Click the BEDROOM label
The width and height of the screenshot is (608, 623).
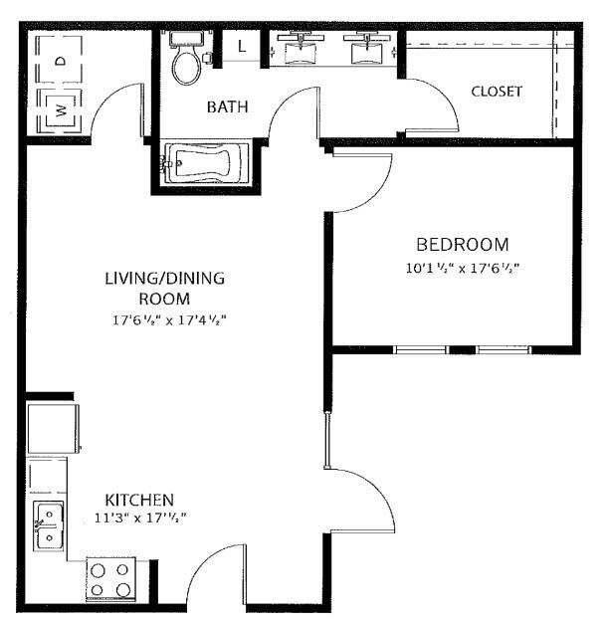coord(463,245)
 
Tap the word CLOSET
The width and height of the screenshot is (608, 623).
coord(497,92)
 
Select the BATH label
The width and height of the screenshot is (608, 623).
coord(228,106)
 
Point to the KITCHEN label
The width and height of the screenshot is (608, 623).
coord(139,500)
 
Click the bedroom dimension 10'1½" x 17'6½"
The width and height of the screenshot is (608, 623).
coord(463,268)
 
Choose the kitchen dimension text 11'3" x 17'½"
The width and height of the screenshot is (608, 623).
coord(140,519)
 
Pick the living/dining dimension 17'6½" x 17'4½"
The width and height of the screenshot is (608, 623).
coord(169,319)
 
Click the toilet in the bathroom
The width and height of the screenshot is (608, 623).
coord(186,57)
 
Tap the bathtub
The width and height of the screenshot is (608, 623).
coord(207,163)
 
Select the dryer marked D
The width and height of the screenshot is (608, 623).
coord(59,60)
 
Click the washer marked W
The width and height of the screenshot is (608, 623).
coord(60,110)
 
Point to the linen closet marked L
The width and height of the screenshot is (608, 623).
coord(241,46)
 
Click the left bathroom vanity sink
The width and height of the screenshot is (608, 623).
coord(301,49)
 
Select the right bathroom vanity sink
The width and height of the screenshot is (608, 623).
coord(367,49)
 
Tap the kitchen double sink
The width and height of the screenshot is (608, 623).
coord(48,525)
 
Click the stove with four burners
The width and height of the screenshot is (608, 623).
coord(110,579)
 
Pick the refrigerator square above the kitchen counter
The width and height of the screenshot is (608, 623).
coord(53,428)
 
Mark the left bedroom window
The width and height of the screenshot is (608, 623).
coord(421,349)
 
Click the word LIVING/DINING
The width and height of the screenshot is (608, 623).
coord(165,278)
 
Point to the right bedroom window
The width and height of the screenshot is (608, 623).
coord(504,349)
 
